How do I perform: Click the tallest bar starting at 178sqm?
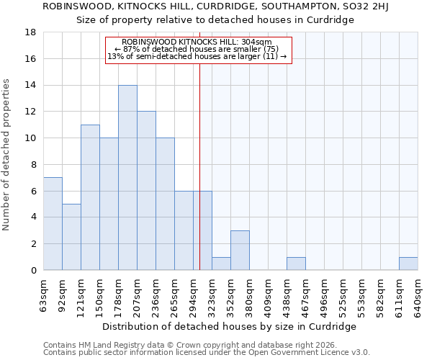pyautogui.click(x=127, y=178)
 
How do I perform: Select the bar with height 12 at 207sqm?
pyautogui.click(x=146, y=191)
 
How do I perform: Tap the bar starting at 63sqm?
pyautogui.click(x=53, y=224)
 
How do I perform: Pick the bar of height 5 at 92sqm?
pyautogui.click(x=71, y=237)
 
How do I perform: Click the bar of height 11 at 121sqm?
pyautogui.click(x=90, y=197)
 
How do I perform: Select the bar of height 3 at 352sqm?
pyautogui.click(x=240, y=251)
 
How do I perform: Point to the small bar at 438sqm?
pyautogui.click(x=296, y=264)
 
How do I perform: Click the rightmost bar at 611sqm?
pyautogui.click(x=408, y=264)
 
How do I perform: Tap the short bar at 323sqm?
pyautogui.click(x=221, y=264)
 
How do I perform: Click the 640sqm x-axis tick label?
pyautogui.click(x=418, y=296)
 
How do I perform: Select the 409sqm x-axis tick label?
pyautogui.click(x=269, y=296)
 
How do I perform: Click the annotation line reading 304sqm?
pyautogui.click(x=197, y=42)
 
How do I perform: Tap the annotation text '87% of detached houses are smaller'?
pyautogui.click(x=197, y=49)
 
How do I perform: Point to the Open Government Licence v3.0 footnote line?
pyautogui.click(x=207, y=353)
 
